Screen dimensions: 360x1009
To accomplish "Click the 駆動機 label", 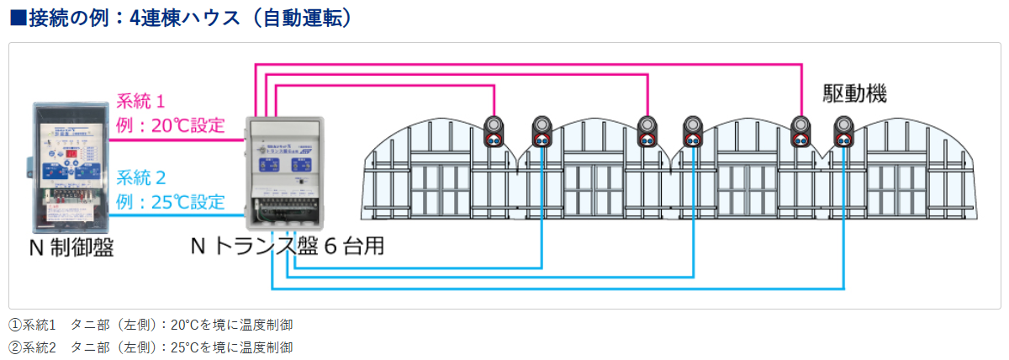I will point(854,93).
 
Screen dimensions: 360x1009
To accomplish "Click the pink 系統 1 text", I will point(140,103).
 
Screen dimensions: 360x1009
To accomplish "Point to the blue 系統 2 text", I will point(140,177).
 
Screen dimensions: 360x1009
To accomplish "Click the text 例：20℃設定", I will point(171,126).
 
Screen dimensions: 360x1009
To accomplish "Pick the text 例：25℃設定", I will point(171,202).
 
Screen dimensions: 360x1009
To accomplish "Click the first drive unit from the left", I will point(494,130).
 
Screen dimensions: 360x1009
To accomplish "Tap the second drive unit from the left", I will point(542,130).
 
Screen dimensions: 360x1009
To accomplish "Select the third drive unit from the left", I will point(647,130).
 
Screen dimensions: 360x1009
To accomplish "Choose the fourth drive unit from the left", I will point(694,130).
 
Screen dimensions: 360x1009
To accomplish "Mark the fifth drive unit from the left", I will point(800,130).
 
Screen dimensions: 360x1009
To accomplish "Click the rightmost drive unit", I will point(844,130).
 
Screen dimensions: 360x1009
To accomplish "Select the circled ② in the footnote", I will point(14,347).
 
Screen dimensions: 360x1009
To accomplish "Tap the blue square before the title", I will point(18,18).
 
